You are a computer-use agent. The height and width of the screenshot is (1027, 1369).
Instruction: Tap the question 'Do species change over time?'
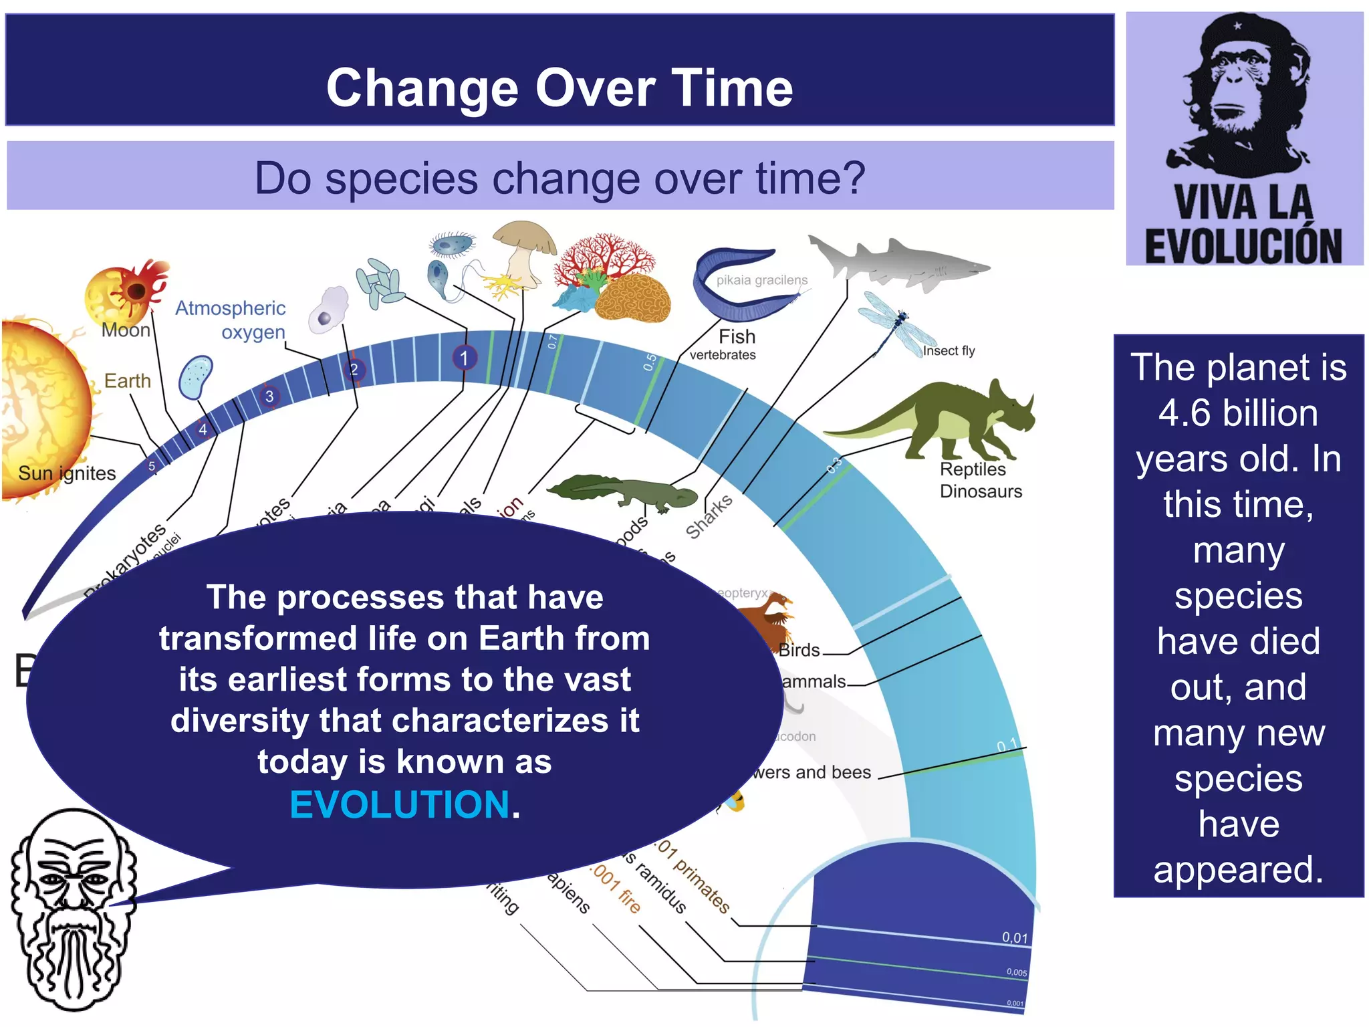(559, 178)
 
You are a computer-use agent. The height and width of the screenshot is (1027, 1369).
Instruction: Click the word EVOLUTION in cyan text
(400, 804)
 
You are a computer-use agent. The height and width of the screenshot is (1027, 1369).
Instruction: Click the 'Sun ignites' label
(67, 473)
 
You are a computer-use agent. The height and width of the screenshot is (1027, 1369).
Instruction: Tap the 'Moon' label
(126, 330)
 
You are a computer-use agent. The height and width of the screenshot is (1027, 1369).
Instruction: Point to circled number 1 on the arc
(464, 358)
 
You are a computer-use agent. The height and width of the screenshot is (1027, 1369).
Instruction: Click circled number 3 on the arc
(269, 396)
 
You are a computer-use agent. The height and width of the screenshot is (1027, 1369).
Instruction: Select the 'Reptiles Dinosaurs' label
(980, 480)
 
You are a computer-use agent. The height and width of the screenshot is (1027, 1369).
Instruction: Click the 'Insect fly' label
(949, 350)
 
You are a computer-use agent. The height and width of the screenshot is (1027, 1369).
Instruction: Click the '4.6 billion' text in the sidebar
(1238, 413)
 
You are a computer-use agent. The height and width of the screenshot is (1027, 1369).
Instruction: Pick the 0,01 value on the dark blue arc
(1014, 937)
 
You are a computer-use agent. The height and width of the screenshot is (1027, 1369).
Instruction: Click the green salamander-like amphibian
(622, 491)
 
